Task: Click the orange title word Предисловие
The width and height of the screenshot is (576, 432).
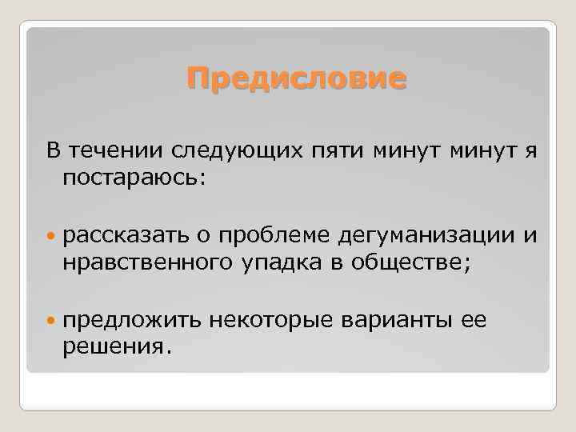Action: pyautogui.click(x=296, y=79)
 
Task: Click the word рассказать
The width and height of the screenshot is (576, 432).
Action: pyautogui.click(x=126, y=235)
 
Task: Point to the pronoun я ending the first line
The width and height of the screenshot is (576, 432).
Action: pyautogui.click(x=531, y=150)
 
